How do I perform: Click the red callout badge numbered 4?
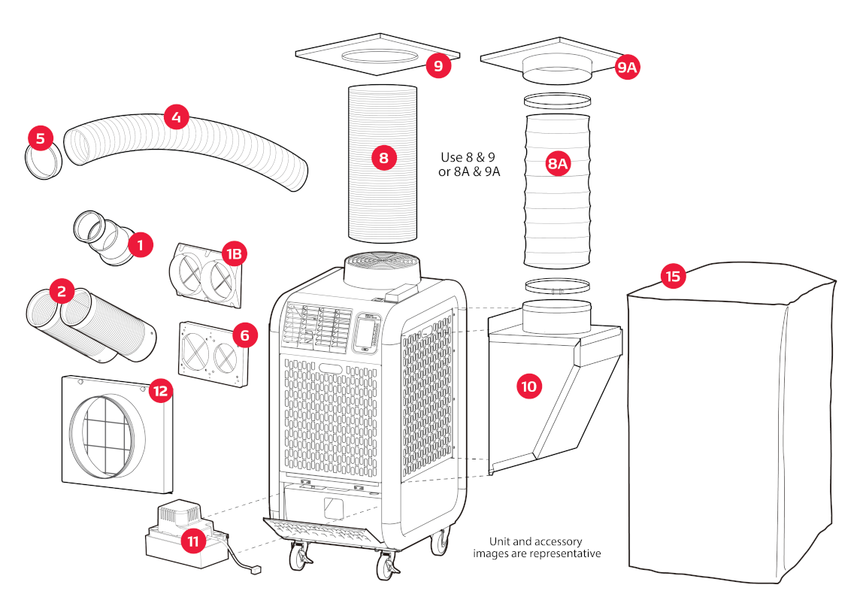tap(175, 117)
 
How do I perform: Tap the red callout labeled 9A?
tap(626, 68)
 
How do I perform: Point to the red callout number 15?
tap(673, 276)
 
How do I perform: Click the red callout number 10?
tap(528, 386)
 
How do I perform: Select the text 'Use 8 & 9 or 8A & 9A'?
tap(470, 165)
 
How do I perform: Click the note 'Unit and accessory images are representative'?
tap(536, 547)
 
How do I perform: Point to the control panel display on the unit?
tap(367, 333)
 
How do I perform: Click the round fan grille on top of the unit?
tap(383, 264)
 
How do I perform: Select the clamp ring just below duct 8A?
tap(556, 286)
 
